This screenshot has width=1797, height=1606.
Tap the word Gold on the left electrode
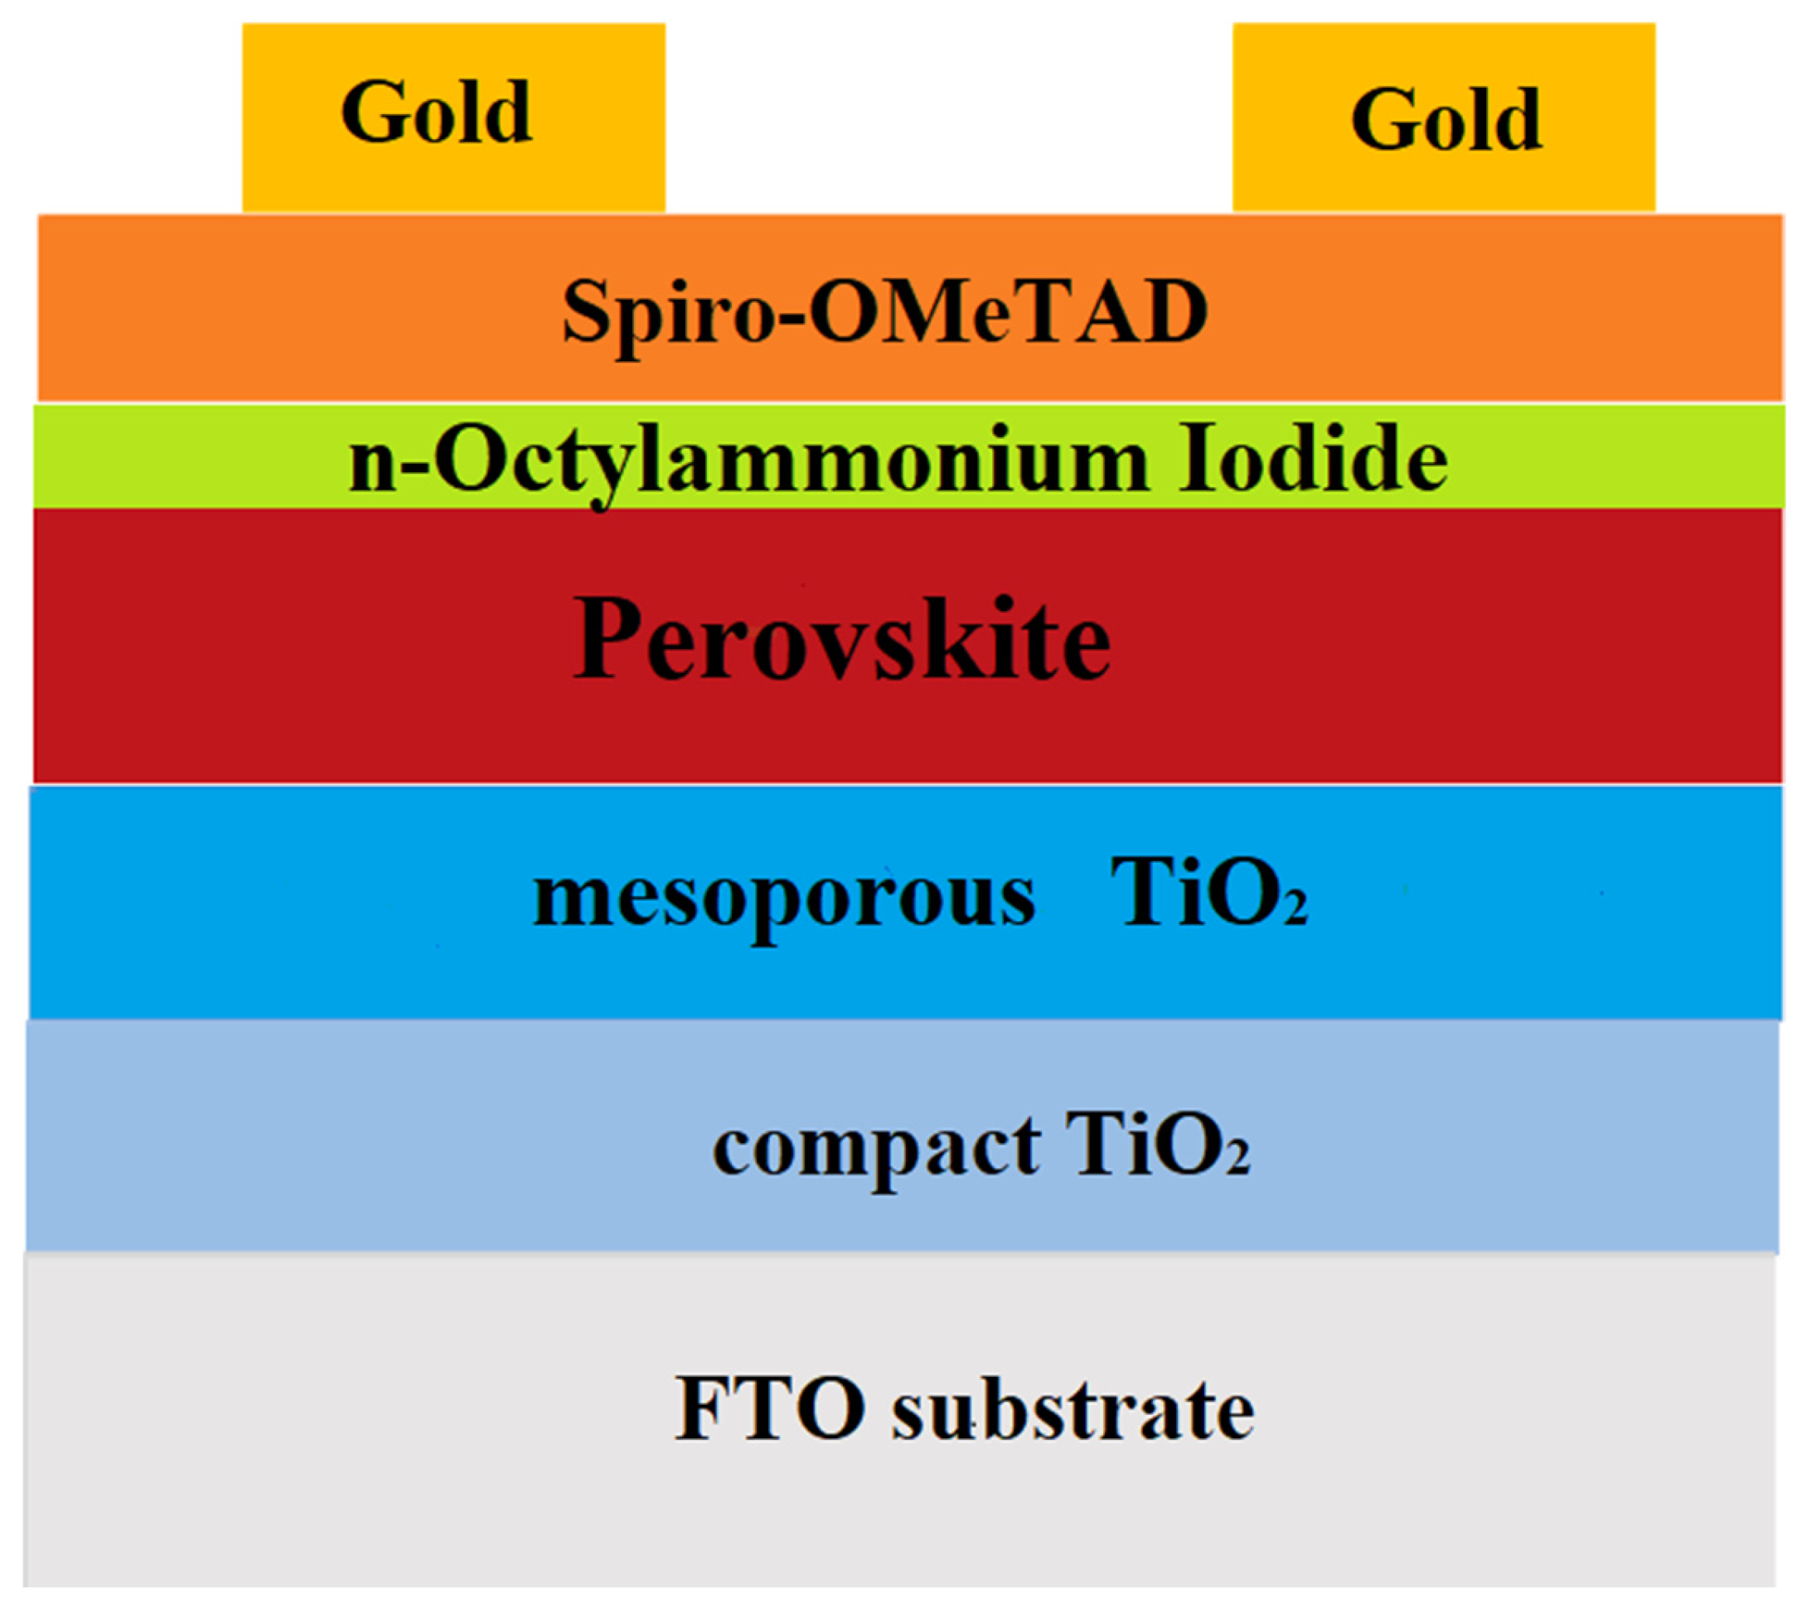pyautogui.click(x=436, y=112)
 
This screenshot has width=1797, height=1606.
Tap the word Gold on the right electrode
pyautogui.click(x=1446, y=120)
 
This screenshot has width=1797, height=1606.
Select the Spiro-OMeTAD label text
pyautogui.click(x=884, y=311)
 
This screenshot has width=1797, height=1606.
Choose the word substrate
pyautogui.click(x=1071, y=1410)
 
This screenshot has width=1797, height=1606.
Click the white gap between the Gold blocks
pyautogui.click(x=948, y=115)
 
